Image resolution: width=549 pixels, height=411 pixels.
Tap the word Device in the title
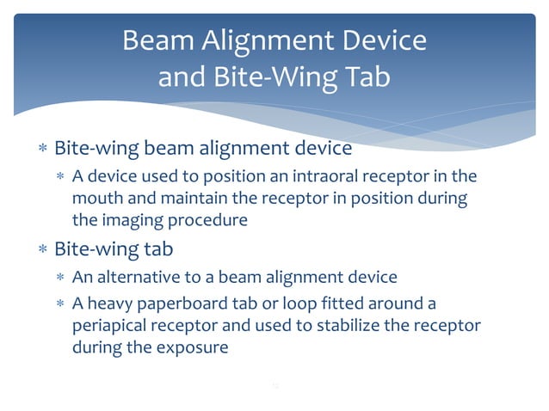point(380,40)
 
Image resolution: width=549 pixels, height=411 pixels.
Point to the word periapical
point(108,328)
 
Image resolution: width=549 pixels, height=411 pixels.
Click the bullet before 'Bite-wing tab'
point(42,250)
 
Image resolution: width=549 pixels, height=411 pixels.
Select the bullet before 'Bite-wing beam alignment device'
point(42,149)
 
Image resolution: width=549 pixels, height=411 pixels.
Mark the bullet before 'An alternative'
point(60,278)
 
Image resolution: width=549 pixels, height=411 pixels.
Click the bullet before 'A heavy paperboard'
point(60,306)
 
